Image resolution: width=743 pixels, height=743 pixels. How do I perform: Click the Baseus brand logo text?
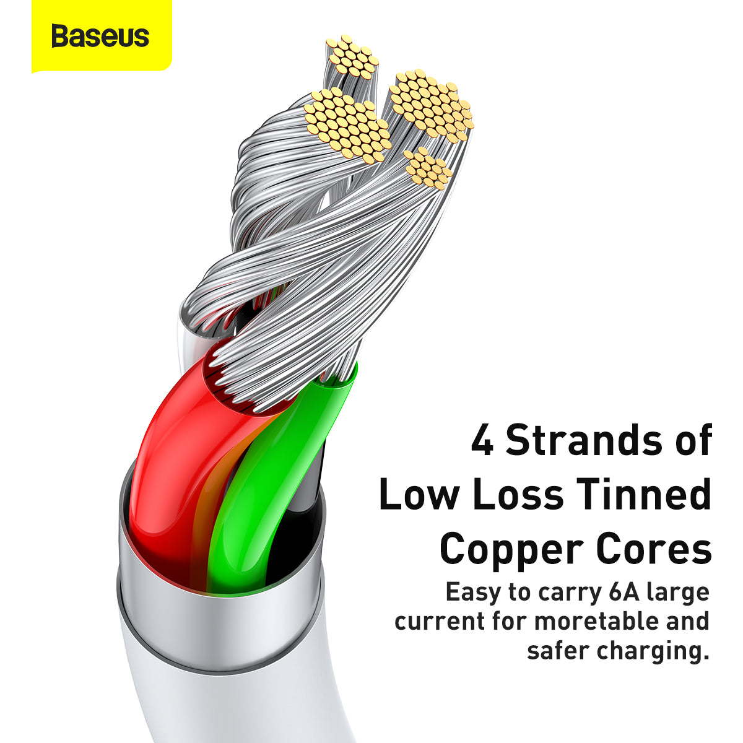100,36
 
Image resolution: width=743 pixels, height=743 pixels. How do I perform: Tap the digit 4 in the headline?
482,441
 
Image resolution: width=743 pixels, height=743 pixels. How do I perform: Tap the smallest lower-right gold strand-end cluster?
428,168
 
